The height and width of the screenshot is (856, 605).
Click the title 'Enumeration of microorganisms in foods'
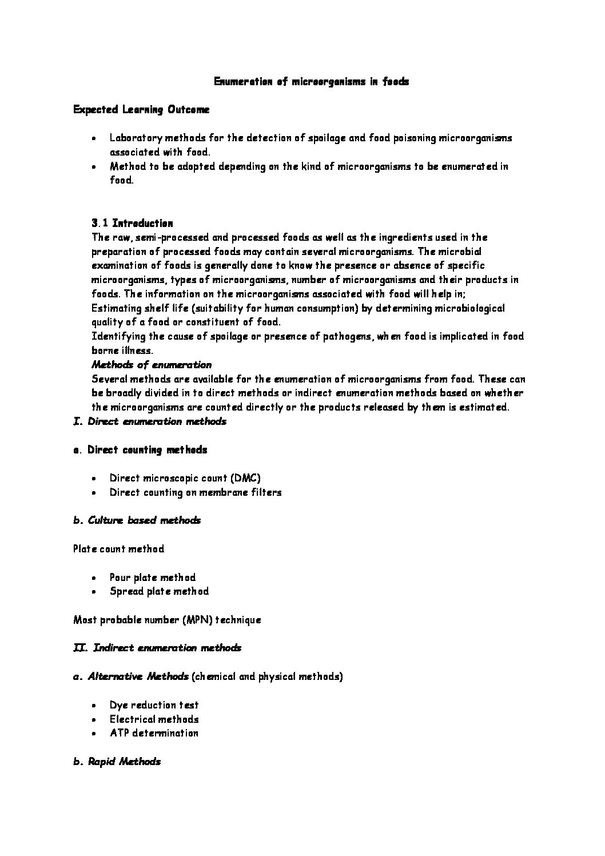pos(311,82)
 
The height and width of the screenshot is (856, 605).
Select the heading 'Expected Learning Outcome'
pos(141,110)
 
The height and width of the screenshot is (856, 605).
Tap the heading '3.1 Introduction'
pos(132,223)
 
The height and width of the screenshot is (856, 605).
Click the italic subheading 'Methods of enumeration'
pos(152,365)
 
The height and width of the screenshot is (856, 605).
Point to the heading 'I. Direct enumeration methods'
pos(150,421)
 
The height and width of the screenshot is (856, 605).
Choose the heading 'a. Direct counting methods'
pos(140,450)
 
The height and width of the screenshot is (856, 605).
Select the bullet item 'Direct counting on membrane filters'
pos(196,492)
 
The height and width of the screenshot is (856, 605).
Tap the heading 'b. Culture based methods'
pos(137,520)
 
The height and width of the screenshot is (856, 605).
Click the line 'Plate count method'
pos(118,549)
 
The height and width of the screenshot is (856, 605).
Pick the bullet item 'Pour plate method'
pos(153,578)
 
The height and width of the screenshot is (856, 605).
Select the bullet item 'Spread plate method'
pos(159,591)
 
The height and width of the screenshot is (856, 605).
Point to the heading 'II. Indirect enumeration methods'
pos(157,648)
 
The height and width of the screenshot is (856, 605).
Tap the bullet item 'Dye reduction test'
pos(154,705)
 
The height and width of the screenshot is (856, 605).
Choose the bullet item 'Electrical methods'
pos(154,719)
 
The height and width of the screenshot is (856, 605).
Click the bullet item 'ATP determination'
pos(154,733)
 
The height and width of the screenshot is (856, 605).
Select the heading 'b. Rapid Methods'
pos(117,762)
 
